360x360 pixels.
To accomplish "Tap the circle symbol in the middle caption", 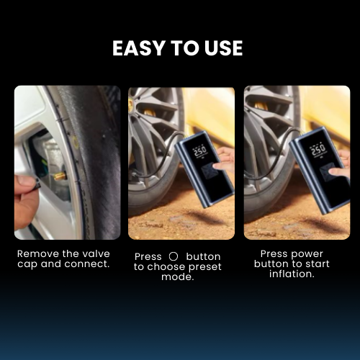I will point(173,256).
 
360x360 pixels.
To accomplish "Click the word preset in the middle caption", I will point(202,267).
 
